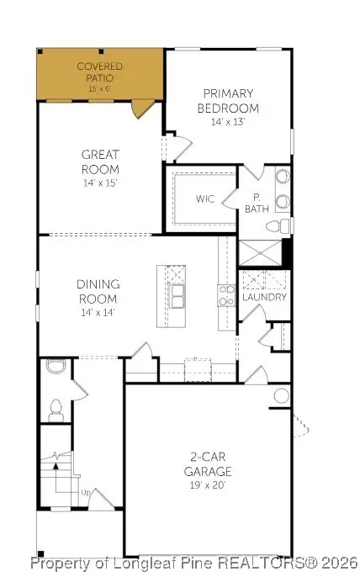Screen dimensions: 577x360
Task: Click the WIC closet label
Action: click(x=205, y=200)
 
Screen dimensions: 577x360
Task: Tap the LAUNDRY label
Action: click(x=264, y=297)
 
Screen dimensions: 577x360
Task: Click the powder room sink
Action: click(x=56, y=366)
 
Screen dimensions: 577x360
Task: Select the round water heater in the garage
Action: click(x=281, y=395)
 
